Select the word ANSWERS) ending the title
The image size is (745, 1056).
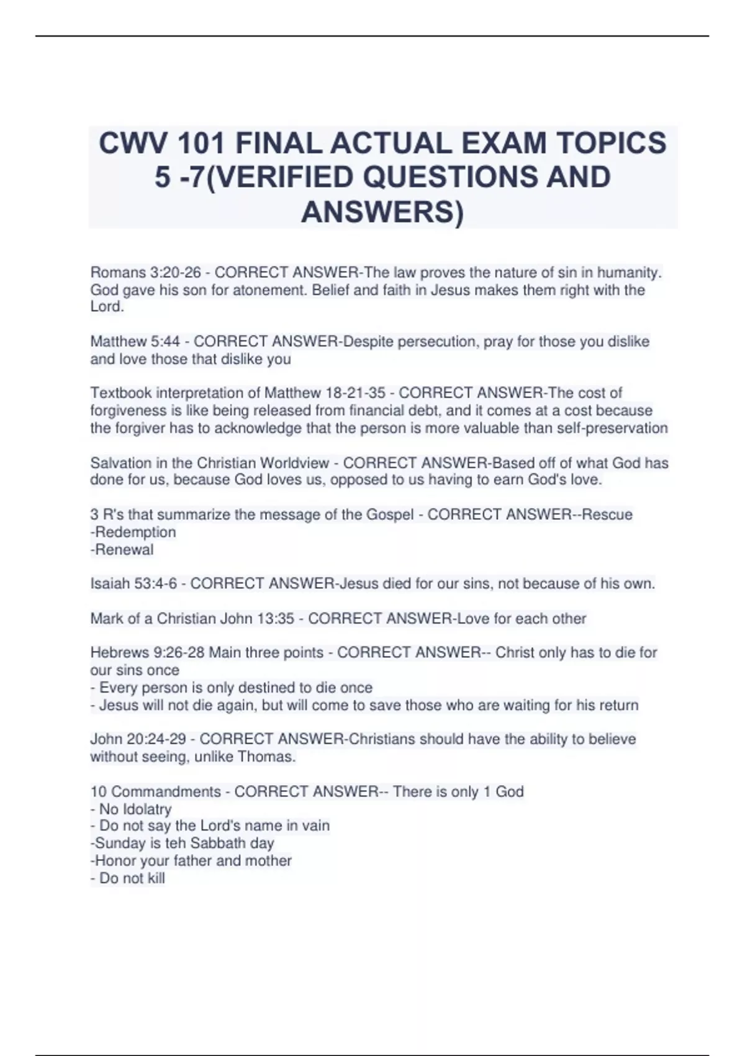click(x=382, y=212)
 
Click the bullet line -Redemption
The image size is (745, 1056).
click(x=133, y=532)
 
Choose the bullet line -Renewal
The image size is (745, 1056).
click(x=122, y=550)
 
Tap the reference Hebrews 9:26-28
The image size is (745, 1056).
click(x=147, y=653)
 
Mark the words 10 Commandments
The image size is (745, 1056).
click(x=155, y=792)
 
